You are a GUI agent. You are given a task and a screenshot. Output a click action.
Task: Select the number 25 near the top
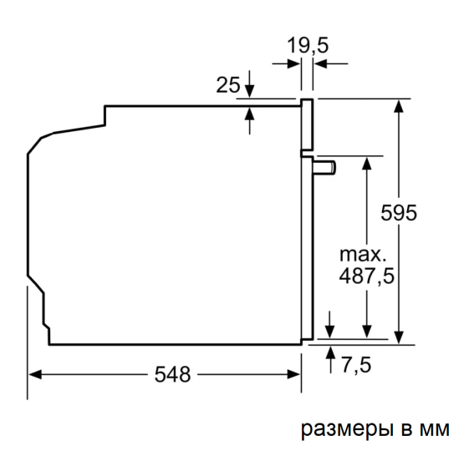[227, 84]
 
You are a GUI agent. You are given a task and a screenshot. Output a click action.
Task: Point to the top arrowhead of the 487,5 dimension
[366, 161]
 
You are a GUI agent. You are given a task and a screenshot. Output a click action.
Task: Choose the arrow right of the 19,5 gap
[321, 63]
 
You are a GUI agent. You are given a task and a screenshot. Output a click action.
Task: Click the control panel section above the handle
[307, 125]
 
